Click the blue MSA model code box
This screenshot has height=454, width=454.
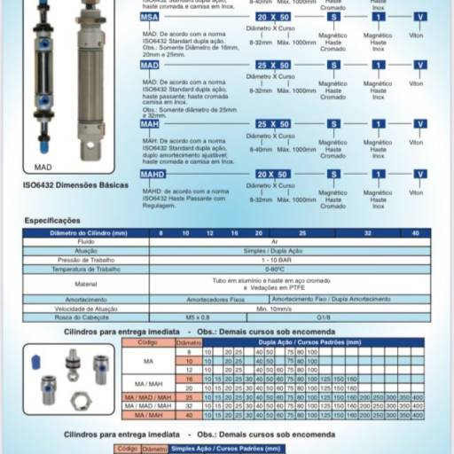(x=150, y=17)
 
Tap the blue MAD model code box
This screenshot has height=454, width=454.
(x=150, y=66)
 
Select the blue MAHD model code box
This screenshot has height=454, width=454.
(x=152, y=174)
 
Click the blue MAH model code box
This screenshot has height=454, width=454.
(x=150, y=123)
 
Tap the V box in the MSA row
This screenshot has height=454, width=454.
(x=420, y=17)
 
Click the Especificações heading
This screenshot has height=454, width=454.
(x=52, y=220)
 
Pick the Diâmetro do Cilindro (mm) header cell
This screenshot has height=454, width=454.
(x=87, y=232)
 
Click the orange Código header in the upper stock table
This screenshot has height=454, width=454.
(x=147, y=341)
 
